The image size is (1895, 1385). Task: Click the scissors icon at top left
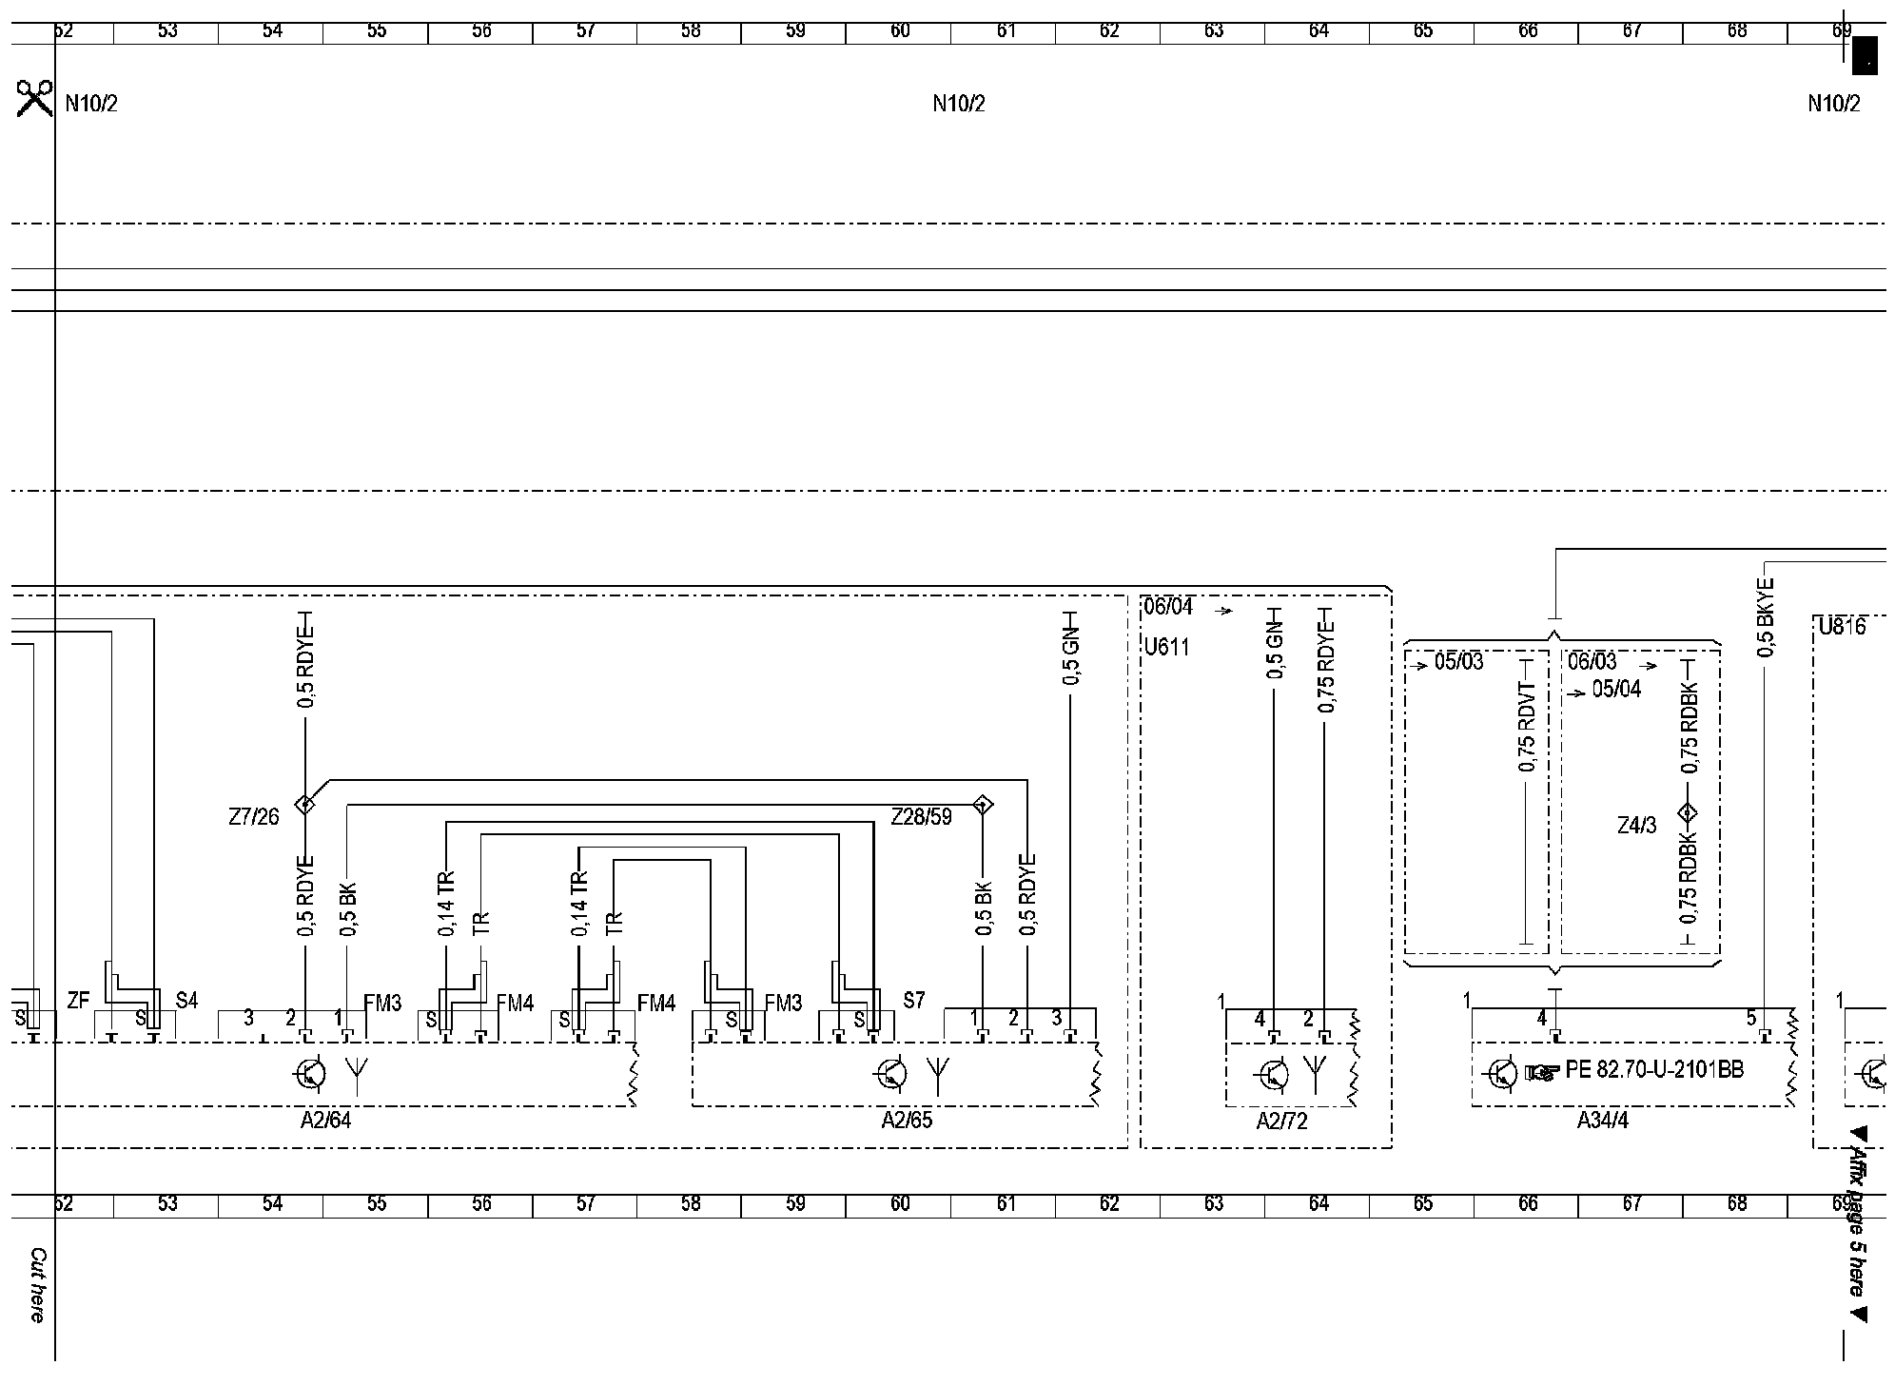coord(34,99)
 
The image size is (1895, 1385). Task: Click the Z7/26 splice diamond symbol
coord(304,805)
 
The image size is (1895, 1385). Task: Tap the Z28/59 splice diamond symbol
coord(983,805)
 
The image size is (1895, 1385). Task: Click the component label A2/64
coord(325,1121)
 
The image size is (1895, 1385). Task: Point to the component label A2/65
coord(907,1121)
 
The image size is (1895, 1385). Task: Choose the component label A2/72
coord(1281,1122)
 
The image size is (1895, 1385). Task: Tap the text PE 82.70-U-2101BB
coord(1654,1070)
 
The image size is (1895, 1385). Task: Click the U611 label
coord(1166,648)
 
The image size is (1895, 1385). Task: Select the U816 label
coord(1842,627)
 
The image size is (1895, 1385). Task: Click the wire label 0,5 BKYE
coord(1766,617)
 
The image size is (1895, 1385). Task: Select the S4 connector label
coord(186,1001)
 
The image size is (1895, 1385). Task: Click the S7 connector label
coord(913,1001)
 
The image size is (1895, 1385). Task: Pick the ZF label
coord(78,1001)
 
